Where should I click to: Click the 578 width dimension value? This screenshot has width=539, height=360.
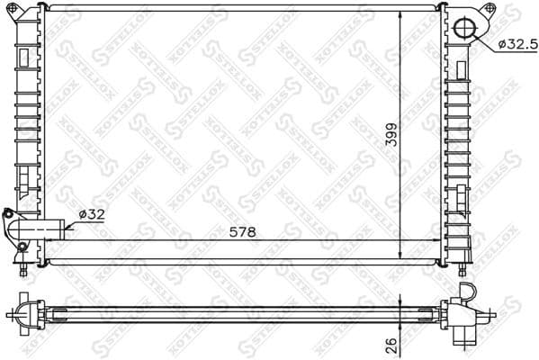(242, 231)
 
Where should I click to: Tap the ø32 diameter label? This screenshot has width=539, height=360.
(93, 213)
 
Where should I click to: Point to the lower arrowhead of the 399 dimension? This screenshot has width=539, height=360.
(400, 254)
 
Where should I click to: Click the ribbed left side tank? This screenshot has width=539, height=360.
(25, 117)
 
